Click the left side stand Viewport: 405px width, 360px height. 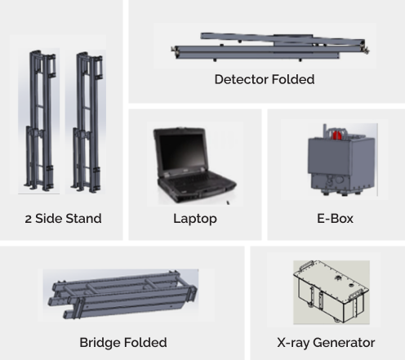pyautogui.click(x=41, y=120)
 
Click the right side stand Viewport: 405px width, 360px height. pyautogui.click(x=87, y=120)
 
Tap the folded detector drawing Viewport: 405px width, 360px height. pyautogui.click(x=270, y=47)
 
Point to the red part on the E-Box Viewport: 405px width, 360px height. pyautogui.click(x=337, y=135)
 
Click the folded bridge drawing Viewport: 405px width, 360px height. pyautogui.click(x=122, y=295)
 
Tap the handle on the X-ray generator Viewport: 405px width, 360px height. pyautogui.click(x=307, y=264)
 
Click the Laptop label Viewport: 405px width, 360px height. pyautogui.click(x=195, y=219)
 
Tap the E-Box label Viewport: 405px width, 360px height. pyautogui.click(x=335, y=219)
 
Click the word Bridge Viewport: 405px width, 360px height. pyautogui.click(x=100, y=343)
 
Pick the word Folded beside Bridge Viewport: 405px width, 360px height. pyautogui.click(x=145, y=342)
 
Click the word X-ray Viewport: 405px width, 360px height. pyautogui.click(x=293, y=343)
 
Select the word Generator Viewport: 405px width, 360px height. pyautogui.click(x=344, y=343)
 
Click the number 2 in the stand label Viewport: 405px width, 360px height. pyautogui.click(x=28, y=219)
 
